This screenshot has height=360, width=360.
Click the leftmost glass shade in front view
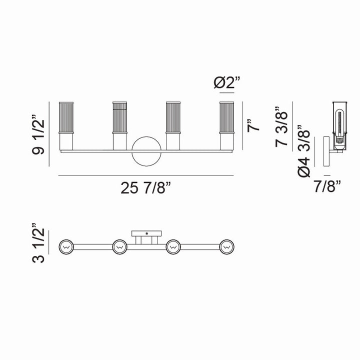coord(66,117)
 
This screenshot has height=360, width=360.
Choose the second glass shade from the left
coord(119,117)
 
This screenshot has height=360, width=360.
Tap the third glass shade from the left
coord(173,117)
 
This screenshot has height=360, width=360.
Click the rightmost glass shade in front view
coord(226,117)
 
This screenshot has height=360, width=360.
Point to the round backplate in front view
coord(146,150)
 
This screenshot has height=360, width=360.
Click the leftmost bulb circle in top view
coord(66,246)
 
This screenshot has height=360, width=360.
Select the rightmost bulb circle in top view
coord(226,246)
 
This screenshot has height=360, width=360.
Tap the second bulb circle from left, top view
coord(119,246)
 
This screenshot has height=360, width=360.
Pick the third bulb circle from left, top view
coord(173,246)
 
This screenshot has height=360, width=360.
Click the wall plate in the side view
coord(325,152)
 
